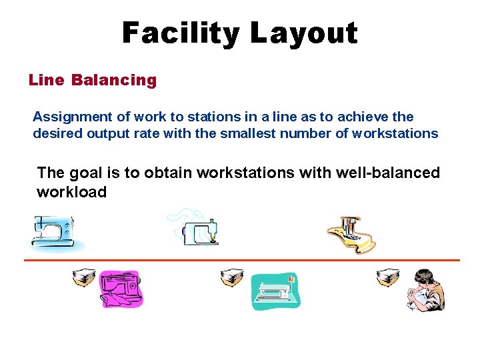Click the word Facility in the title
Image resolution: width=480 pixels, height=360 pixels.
click(174, 32)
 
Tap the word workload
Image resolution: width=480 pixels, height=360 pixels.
click(72, 192)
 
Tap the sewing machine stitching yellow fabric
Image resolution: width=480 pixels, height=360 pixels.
click(351, 235)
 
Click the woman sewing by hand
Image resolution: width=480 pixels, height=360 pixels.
click(425, 289)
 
